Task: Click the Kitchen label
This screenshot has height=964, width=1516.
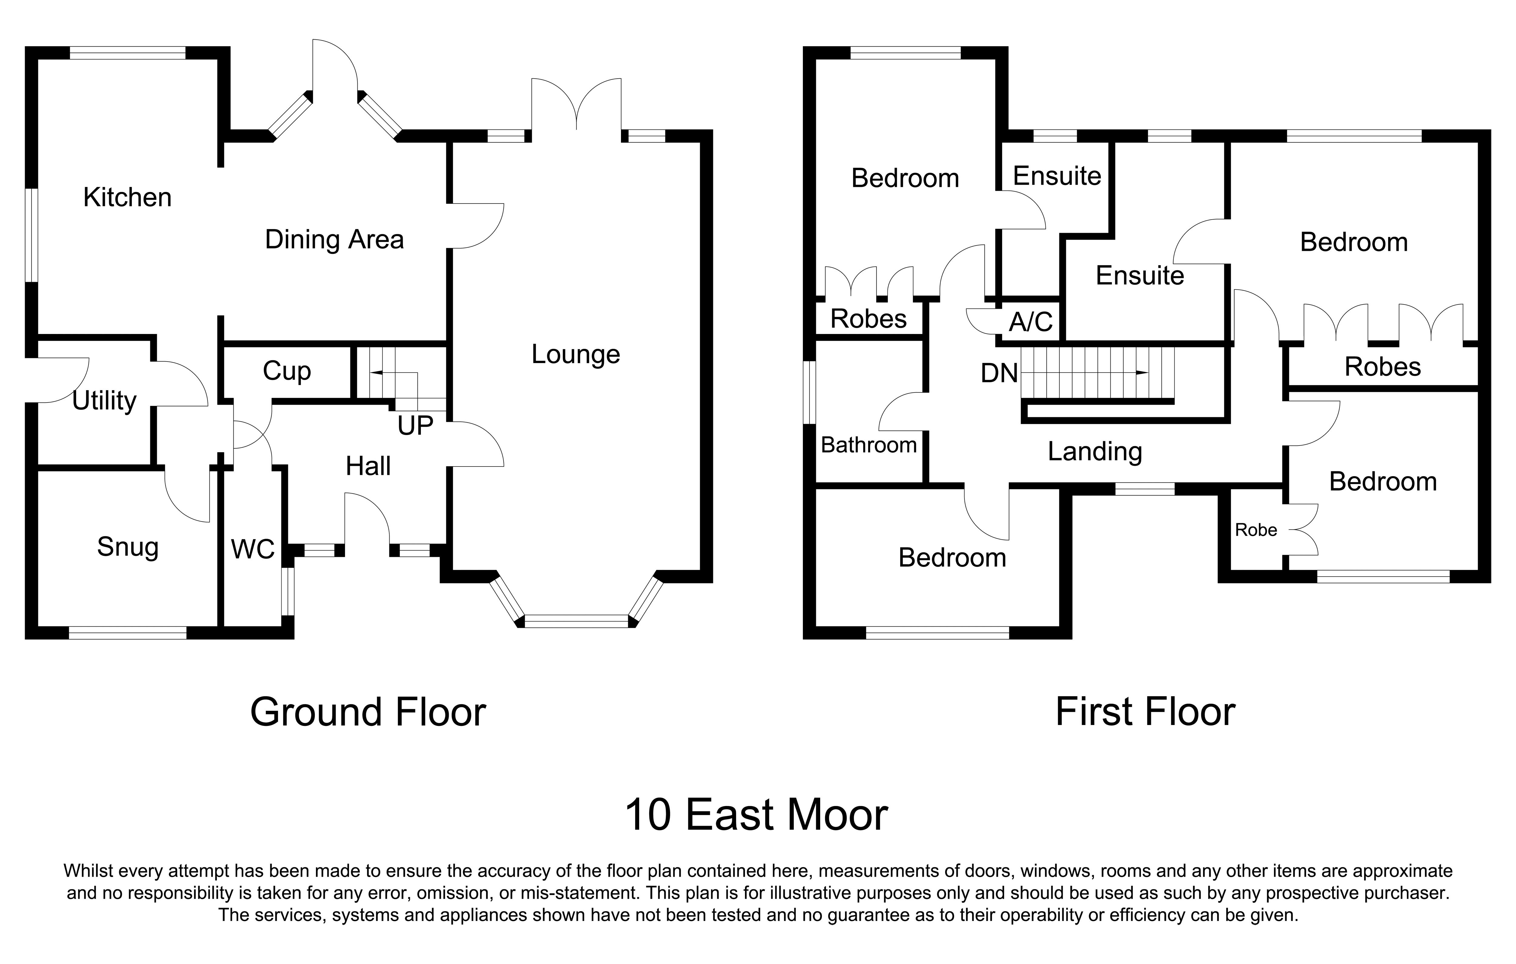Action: coord(127,198)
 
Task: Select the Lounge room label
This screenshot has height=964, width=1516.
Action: coord(575,355)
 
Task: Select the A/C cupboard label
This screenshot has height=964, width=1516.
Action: coord(1031,322)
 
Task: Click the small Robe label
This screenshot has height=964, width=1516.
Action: coord(1255,530)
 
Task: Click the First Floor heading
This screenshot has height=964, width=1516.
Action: coord(1145,712)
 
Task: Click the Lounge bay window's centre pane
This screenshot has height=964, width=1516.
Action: coord(576,621)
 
